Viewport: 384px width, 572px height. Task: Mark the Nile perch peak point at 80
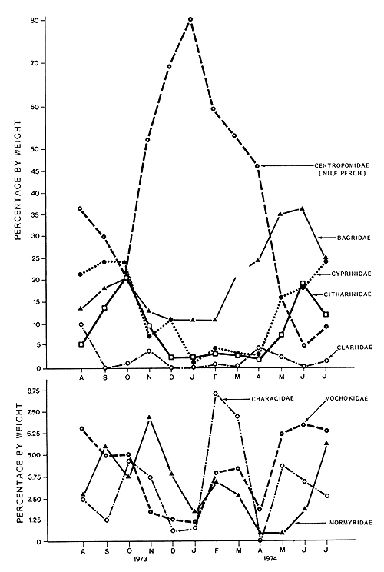pyautogui.click(x=191, y=19)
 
